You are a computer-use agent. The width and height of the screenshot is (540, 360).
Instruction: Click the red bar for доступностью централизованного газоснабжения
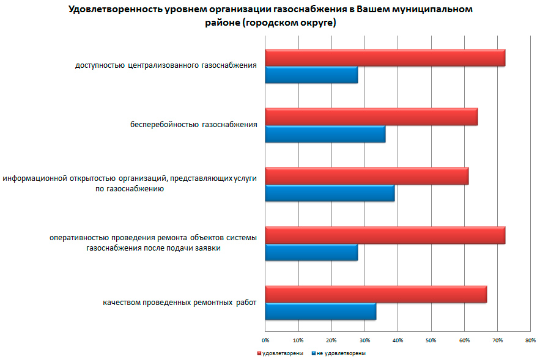point(385,57)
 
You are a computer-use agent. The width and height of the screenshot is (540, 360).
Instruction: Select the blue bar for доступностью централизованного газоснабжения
point(311,75)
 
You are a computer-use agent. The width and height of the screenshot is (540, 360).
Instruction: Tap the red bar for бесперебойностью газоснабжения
point(371,116)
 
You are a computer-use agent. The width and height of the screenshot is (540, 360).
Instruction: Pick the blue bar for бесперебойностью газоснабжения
point(325,134)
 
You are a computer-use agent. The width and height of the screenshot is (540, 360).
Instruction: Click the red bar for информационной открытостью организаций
point(367,175)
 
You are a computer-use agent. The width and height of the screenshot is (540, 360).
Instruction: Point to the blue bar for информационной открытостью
point(330,193)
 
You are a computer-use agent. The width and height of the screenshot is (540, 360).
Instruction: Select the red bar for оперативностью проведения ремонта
point(385,235)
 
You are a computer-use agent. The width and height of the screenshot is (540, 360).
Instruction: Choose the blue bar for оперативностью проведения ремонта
point(311,252)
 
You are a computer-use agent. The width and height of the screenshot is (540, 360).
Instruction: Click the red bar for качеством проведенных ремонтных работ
point(376,294)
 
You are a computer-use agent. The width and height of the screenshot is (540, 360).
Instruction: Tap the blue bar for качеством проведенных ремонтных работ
point(320,312)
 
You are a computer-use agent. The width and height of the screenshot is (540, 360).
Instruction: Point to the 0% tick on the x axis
point(265,340)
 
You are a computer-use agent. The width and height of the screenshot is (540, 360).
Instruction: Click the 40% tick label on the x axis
point(398,340)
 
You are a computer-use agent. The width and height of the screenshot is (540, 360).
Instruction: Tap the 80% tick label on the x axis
point(530,340)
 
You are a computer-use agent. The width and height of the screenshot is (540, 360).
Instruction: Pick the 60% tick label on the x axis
point(464,340)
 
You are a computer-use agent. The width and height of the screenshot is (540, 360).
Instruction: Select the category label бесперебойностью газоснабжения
point(193,125)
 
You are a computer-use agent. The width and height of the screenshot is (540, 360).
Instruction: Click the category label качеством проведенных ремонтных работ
point(179,303)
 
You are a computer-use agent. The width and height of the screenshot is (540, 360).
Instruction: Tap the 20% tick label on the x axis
point(331,340)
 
